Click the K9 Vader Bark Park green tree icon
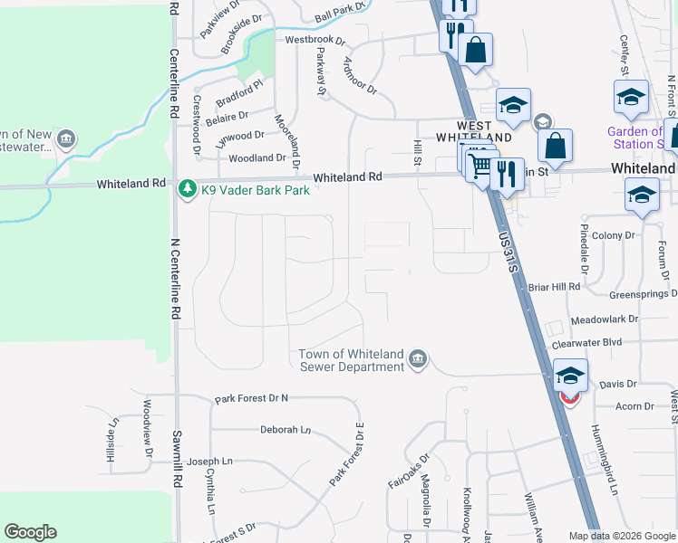click(x=188, y=189)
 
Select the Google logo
click(x=30, y=532)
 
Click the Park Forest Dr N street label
click(x=251, y=398)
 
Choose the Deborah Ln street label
click(x=285, y=430)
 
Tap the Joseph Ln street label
click(x=209, y=462)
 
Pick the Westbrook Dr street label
click(x=315, y=41)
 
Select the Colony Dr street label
click(x=614, y=235)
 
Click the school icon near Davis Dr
click(x=570, y=375)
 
